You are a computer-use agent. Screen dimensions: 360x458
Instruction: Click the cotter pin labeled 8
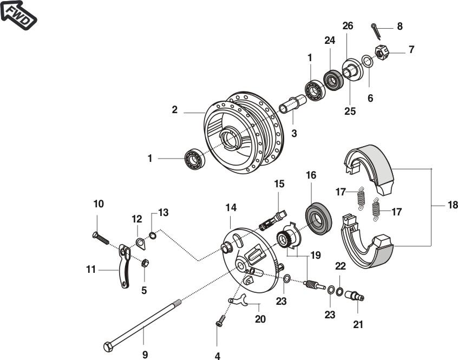375,30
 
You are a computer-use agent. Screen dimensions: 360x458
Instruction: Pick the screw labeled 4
219,322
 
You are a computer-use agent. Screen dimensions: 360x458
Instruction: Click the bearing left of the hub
193,159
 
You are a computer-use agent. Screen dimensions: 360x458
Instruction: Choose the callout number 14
231,208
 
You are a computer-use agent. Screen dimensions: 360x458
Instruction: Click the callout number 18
452,206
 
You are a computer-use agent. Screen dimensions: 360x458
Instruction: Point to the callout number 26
348,26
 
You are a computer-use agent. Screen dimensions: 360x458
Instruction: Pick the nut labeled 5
145,264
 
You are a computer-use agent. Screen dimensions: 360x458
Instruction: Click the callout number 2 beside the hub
174,110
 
